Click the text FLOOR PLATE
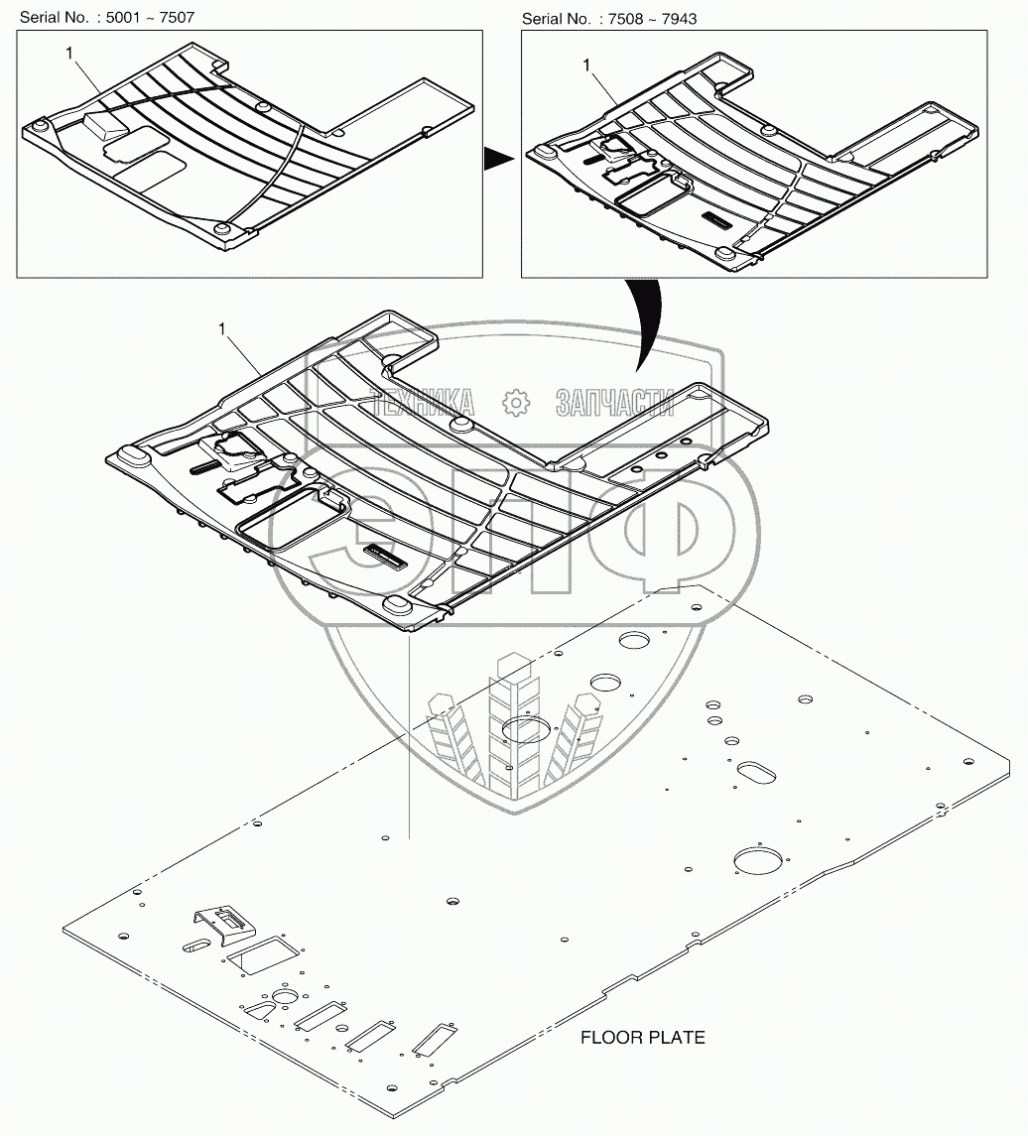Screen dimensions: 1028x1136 coord(643,1038)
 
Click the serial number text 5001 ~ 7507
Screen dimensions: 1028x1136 coord(150,17)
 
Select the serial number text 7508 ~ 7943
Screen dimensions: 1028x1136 coord(652,18)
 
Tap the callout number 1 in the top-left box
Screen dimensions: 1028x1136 coord(68,53)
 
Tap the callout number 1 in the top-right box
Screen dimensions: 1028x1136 coord(586,65)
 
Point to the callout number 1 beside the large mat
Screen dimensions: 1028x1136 coord(222,329)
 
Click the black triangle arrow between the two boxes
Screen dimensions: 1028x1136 coord(498,159)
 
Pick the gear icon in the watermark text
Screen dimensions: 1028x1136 coord(516,403)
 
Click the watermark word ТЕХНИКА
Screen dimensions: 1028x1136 coord(423,403)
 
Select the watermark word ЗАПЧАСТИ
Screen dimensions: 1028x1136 coord(615,403)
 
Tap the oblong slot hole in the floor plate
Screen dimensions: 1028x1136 coord(755,772)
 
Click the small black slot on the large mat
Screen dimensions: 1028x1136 coord(384,555)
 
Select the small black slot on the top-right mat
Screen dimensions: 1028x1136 coord(717,219)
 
